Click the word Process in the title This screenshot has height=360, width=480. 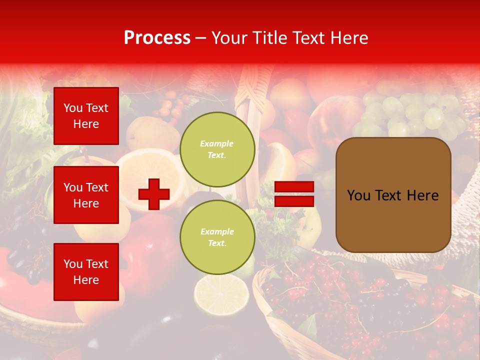pos(157,38)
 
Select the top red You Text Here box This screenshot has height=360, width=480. pos(86,116)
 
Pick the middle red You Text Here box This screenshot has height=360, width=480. pos(86,195)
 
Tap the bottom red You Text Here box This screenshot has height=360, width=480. pos(86,271)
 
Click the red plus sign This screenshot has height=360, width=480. pos(154,194)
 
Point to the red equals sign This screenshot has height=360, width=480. pos(294,194)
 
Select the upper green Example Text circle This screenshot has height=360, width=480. pos(217,149)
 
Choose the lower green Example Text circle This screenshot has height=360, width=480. pos(217,237)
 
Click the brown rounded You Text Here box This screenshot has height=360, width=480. pos(393,195)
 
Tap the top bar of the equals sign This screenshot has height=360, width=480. pos(294,187)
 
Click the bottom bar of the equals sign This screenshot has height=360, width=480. pos(294,201)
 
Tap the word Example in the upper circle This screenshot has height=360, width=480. pos(216,143)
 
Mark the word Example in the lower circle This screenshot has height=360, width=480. pos(216,231)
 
